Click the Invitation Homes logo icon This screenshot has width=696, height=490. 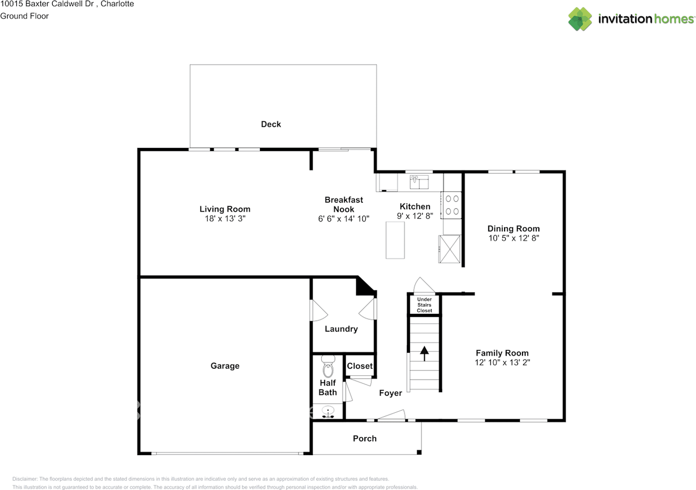pyautogui.click(x=580, y=19)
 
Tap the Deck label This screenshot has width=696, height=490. pyautogui.click(x=271, y=124)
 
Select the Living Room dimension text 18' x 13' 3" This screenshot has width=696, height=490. pyautogui.click(x=225, y=219)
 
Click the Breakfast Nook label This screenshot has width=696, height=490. pyautogui.click(x=344, y=204)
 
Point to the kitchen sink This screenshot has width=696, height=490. pyautogui.click(x=419, y=181)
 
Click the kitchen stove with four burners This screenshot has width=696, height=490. pyautogui.click(x=452, y=205)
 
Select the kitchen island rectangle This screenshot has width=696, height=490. pyautogui.click(x=395, y=240)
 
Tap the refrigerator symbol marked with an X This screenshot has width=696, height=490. pyautogui.click(x=450, y=249)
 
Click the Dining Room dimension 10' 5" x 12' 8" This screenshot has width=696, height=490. pyautogui.click(x=513, y=238)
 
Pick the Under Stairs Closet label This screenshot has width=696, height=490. pyautogui.click(x=425, y=305)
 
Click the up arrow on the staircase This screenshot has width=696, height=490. pyautogui.click(x=424, y=353)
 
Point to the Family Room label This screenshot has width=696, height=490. pyautogui.click(x=502, y=353)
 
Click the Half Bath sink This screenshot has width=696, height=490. pyautogui.click(x=328, y=411)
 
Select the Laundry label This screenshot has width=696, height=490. pyautogui.click(x=341, y=329)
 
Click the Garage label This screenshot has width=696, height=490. pyautogui.click(x=225, y=366)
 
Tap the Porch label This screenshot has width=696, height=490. pyautogui.click(x=364, y=438)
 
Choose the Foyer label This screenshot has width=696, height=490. pyautogui.click(x=390, y=393)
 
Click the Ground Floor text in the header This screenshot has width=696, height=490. pyautogui.click(x=24, y=16)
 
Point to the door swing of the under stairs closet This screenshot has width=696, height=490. pyautogui.click(x=424, y=285)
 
